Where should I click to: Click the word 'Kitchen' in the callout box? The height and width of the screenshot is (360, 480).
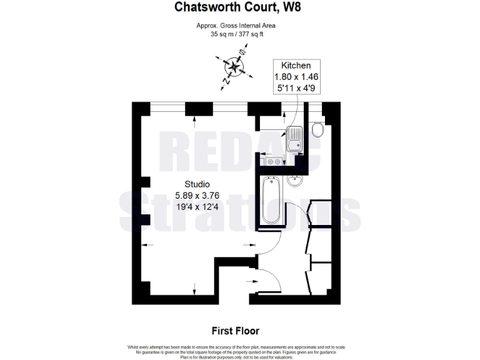tap(297, 66)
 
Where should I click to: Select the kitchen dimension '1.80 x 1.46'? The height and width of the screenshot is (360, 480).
tap(297, 77)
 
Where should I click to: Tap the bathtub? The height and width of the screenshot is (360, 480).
tap(271, 199)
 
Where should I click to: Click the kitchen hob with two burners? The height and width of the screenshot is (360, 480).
tap(272, 162)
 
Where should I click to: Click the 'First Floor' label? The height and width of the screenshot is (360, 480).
tap(235, 331)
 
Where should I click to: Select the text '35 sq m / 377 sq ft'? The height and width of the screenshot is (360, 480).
tap(235, 35)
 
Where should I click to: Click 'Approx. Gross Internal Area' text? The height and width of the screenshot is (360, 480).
tap(235, 26)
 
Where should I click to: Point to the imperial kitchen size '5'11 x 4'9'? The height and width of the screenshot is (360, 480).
tap(297, 89)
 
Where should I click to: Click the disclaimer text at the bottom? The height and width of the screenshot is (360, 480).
tap(235, 351)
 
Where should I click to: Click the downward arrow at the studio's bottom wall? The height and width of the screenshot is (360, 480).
tap(194, 289)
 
